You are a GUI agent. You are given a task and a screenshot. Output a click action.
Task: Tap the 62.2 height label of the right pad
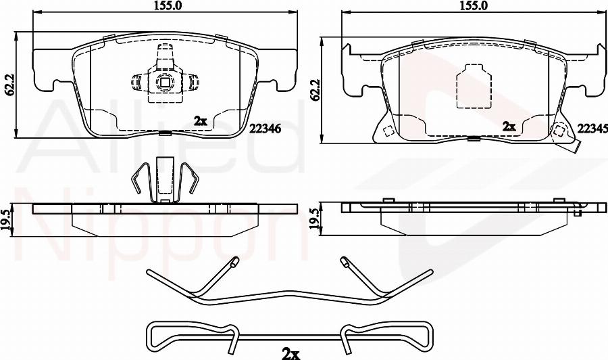pyautogui.click(x=315, y=91)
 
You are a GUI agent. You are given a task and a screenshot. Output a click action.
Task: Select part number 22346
pyautogui.click(x=265, y=128)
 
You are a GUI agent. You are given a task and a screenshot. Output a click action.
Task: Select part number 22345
pyautogui.click(x=592, y=129)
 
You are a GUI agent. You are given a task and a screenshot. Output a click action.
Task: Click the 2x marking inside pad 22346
pyautogui.click(x=201, y=122)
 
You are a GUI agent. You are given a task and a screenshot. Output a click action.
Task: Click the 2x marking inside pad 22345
pyautogui.click(x=509, y=127)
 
